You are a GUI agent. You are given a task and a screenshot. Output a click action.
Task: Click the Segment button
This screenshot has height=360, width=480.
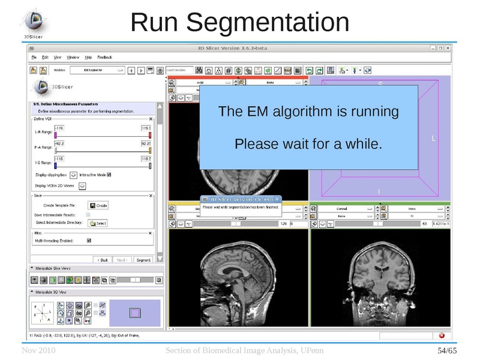(143, 260)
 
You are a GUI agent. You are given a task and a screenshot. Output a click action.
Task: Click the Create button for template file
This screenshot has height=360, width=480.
(98, 205)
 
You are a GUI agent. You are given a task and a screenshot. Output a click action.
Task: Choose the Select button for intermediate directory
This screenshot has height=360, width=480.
(97, 223)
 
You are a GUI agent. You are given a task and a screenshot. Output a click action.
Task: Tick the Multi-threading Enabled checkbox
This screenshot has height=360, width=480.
(89, 241)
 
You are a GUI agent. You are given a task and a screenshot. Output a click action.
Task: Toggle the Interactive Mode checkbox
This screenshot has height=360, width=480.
(109, 175)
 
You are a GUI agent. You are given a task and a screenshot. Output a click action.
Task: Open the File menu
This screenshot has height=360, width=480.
(34, 57)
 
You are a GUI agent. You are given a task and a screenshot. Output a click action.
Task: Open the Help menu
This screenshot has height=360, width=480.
(88, 57)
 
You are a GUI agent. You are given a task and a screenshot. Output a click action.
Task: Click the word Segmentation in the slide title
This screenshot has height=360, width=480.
(268, 23)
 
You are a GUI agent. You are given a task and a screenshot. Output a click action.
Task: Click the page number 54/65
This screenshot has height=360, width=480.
(446, 350)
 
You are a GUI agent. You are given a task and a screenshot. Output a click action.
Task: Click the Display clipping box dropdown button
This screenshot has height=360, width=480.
(73, 175)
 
